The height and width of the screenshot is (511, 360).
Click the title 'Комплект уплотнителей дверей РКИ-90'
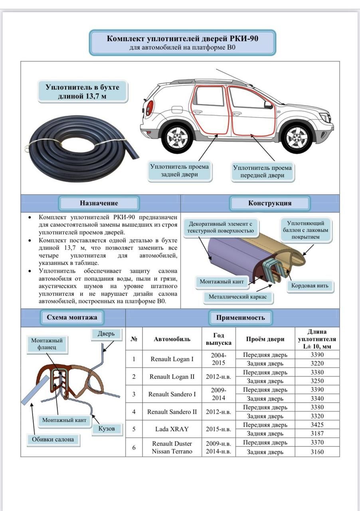182,39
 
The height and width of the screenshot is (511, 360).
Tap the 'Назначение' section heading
99,203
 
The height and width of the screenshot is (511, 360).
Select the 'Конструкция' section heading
269,203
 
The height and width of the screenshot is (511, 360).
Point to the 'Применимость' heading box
241,318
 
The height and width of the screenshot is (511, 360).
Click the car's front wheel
296,137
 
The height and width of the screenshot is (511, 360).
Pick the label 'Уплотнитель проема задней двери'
179,170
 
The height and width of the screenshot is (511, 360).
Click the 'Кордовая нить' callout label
310,286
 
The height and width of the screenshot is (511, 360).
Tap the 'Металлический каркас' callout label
237,297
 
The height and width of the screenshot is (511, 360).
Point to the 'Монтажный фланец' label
47,344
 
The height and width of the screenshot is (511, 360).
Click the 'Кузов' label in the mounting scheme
107,429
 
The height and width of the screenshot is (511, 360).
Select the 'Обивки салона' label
53,440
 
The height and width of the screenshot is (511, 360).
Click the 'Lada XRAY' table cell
172,429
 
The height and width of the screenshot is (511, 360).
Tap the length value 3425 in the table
317,425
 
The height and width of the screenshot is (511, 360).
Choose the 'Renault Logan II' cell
172,376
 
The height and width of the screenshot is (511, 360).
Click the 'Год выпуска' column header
218,339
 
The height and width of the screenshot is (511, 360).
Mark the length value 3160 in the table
317,452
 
